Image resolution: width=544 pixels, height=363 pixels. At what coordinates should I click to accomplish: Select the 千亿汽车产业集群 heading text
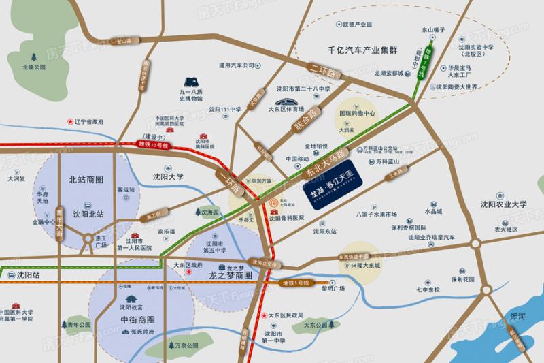pyautogui.click(x=358, y=50)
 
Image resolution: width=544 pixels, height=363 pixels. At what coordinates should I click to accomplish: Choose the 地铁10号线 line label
pyautogui.click(x=153, y=145)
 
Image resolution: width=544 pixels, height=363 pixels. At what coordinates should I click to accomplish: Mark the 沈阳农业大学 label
pyautogui.click(x=503, y=204)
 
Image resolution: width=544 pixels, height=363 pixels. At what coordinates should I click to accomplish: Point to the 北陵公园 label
pyautogui.click(x=33, y=67)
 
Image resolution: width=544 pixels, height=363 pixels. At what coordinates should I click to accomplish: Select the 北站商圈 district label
pyautogui.click(x=86, y=180)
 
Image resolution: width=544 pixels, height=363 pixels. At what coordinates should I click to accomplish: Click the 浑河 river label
pyautogui.click(x=517, y=317)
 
